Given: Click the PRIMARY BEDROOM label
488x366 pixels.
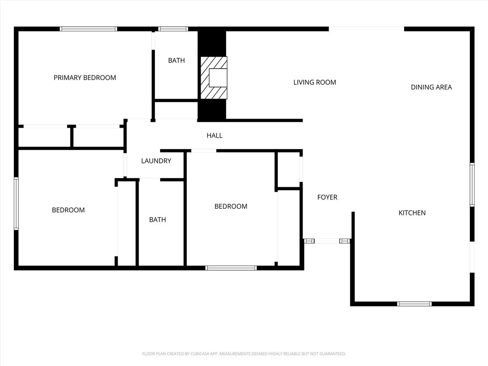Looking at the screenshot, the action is point(85,78).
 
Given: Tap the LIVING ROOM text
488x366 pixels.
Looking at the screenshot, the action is point(315,82).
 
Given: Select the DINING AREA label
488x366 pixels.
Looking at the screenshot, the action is point(431,87).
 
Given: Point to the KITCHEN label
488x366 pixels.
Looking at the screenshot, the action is point(412,213).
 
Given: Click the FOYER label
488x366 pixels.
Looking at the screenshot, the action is point(327,197).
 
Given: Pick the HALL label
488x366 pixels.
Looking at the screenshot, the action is point(214,135).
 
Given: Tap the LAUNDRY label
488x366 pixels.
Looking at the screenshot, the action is point(156,161).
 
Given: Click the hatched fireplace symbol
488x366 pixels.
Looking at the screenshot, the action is point(213,78).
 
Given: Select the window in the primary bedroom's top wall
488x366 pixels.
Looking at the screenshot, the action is point(89,29).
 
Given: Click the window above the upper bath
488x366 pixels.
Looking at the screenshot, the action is point(173,29).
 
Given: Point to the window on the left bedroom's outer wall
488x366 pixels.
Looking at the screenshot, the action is point(16,203).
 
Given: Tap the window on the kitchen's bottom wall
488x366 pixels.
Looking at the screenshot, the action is point(414,304).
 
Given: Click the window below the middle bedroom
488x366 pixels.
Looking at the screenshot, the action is point(231,268).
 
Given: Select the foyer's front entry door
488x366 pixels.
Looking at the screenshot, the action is point(327,241).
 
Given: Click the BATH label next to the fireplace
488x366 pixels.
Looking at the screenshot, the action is point(176,61).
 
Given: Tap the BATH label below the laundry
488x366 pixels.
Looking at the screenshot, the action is point(157,220).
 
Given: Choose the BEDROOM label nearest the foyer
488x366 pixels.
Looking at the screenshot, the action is point(231,206).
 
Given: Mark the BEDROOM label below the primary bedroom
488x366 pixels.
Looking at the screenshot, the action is point(68,210).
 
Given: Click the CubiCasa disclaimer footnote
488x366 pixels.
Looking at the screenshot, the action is point(244,354).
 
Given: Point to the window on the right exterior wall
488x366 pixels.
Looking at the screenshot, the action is point(472,184).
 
